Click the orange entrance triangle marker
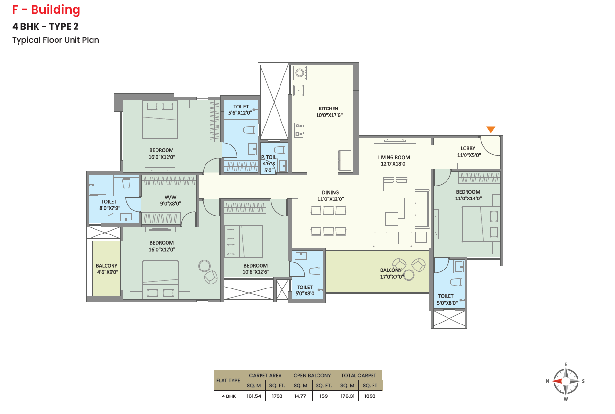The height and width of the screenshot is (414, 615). [491, 129]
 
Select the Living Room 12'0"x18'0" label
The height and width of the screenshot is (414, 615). [394, 161]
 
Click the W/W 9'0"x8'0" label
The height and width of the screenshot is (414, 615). [170, 200]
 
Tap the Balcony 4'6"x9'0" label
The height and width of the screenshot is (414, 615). [107, 269]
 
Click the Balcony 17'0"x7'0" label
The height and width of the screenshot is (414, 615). [391, 273]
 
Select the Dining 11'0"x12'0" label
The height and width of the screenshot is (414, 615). [331, 196]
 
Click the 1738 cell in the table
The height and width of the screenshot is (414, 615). [277, 396]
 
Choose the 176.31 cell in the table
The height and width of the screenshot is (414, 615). [347, 396]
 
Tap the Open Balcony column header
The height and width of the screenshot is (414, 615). [312, 375]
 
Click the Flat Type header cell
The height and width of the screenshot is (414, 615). [228, 380]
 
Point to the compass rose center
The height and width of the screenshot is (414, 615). [566, 381]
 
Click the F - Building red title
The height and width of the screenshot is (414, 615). [46, 10]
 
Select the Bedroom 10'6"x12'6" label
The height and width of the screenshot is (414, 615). [256, 269]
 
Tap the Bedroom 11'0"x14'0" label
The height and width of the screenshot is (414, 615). [468, 195]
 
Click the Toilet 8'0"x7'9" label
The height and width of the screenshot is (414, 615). [110, 205]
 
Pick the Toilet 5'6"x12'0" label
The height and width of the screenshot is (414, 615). [241, 110]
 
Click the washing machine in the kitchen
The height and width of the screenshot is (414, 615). [299, 73]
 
